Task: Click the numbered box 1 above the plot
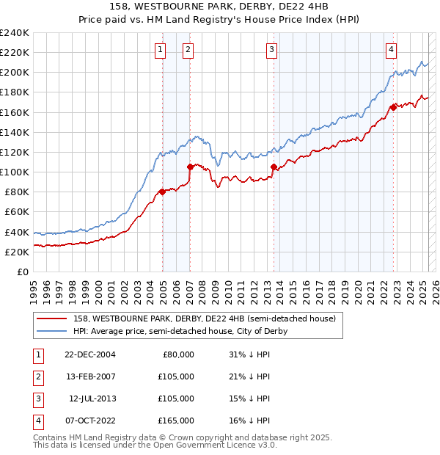(x=160, y=50)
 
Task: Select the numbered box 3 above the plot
(x=271, y=50)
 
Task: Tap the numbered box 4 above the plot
(x=392, y=50)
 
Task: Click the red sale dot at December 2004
(x=162, y=192)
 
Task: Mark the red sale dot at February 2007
(x=190, y=167)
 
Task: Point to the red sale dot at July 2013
(x=274, y=167)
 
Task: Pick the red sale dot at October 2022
(x=394, y=107)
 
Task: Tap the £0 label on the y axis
(x=22, y=272)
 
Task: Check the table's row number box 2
(x=37, y=376)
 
